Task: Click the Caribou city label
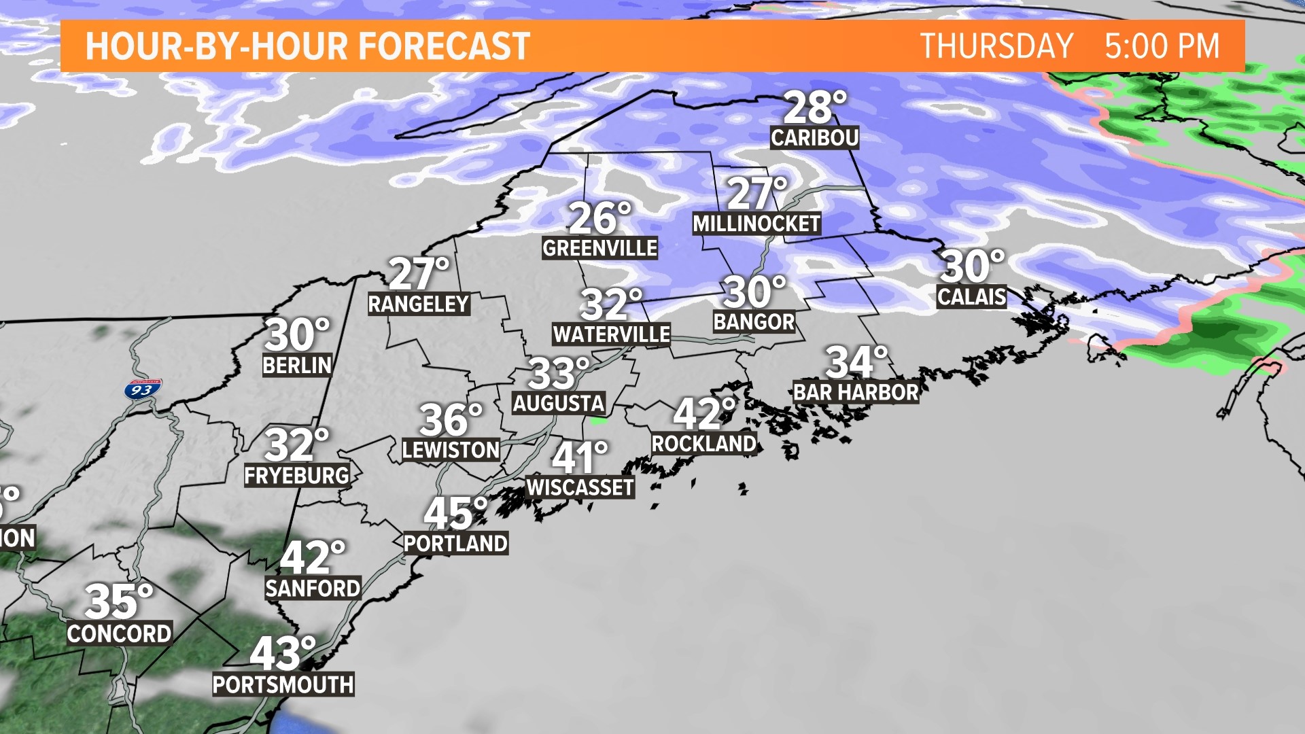coord(814,138)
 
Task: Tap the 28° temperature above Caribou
coord(814,107)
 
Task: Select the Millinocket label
coord(756,224)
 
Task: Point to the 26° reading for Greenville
coord(599,217)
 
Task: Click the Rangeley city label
coord(419,304)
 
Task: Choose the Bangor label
coord(754,322)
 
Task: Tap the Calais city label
coord(971,296)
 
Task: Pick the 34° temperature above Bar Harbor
coord(856,362)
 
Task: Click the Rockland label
coord(703,444)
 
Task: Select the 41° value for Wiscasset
coord(579,457)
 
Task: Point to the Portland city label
coord(455,544)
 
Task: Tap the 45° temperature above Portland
coord(455,514)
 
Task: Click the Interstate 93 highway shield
coord(143,389)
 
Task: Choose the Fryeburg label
coord(296,476)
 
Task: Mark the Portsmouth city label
coord(283,684)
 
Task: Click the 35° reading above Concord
coord(118,601)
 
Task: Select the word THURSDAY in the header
coord(996,46)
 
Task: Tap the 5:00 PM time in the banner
coord(1162,46)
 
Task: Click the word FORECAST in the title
coord(444,46)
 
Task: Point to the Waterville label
coord(612,334)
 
